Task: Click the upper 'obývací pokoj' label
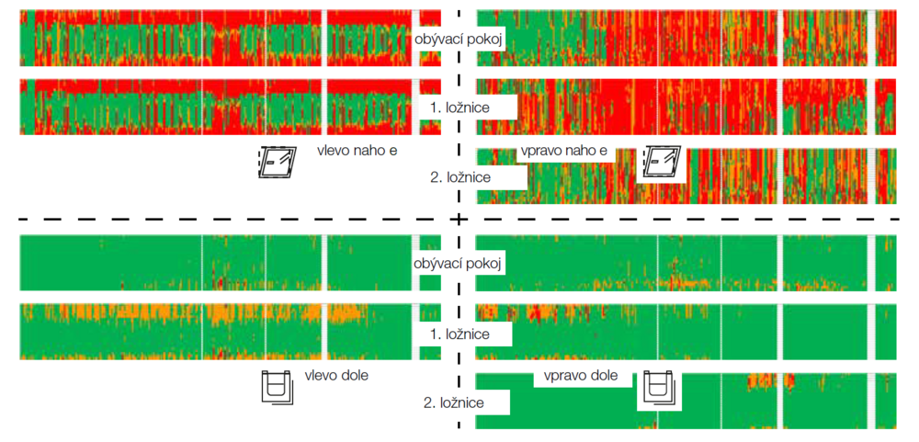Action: (x=459, y=39)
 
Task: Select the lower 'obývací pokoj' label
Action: (x=459, y=265)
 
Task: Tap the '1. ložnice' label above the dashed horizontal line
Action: (x=459, y=108)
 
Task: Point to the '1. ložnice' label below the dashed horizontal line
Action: (x=459, y=334)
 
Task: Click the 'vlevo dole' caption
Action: (x=336, y=376)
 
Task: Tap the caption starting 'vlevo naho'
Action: (x=357, y=150)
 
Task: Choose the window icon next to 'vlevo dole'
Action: (x=277, y=388)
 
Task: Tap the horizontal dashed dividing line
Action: (x=230, y=220)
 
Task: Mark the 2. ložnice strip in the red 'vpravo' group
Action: (x=735, y=175)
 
